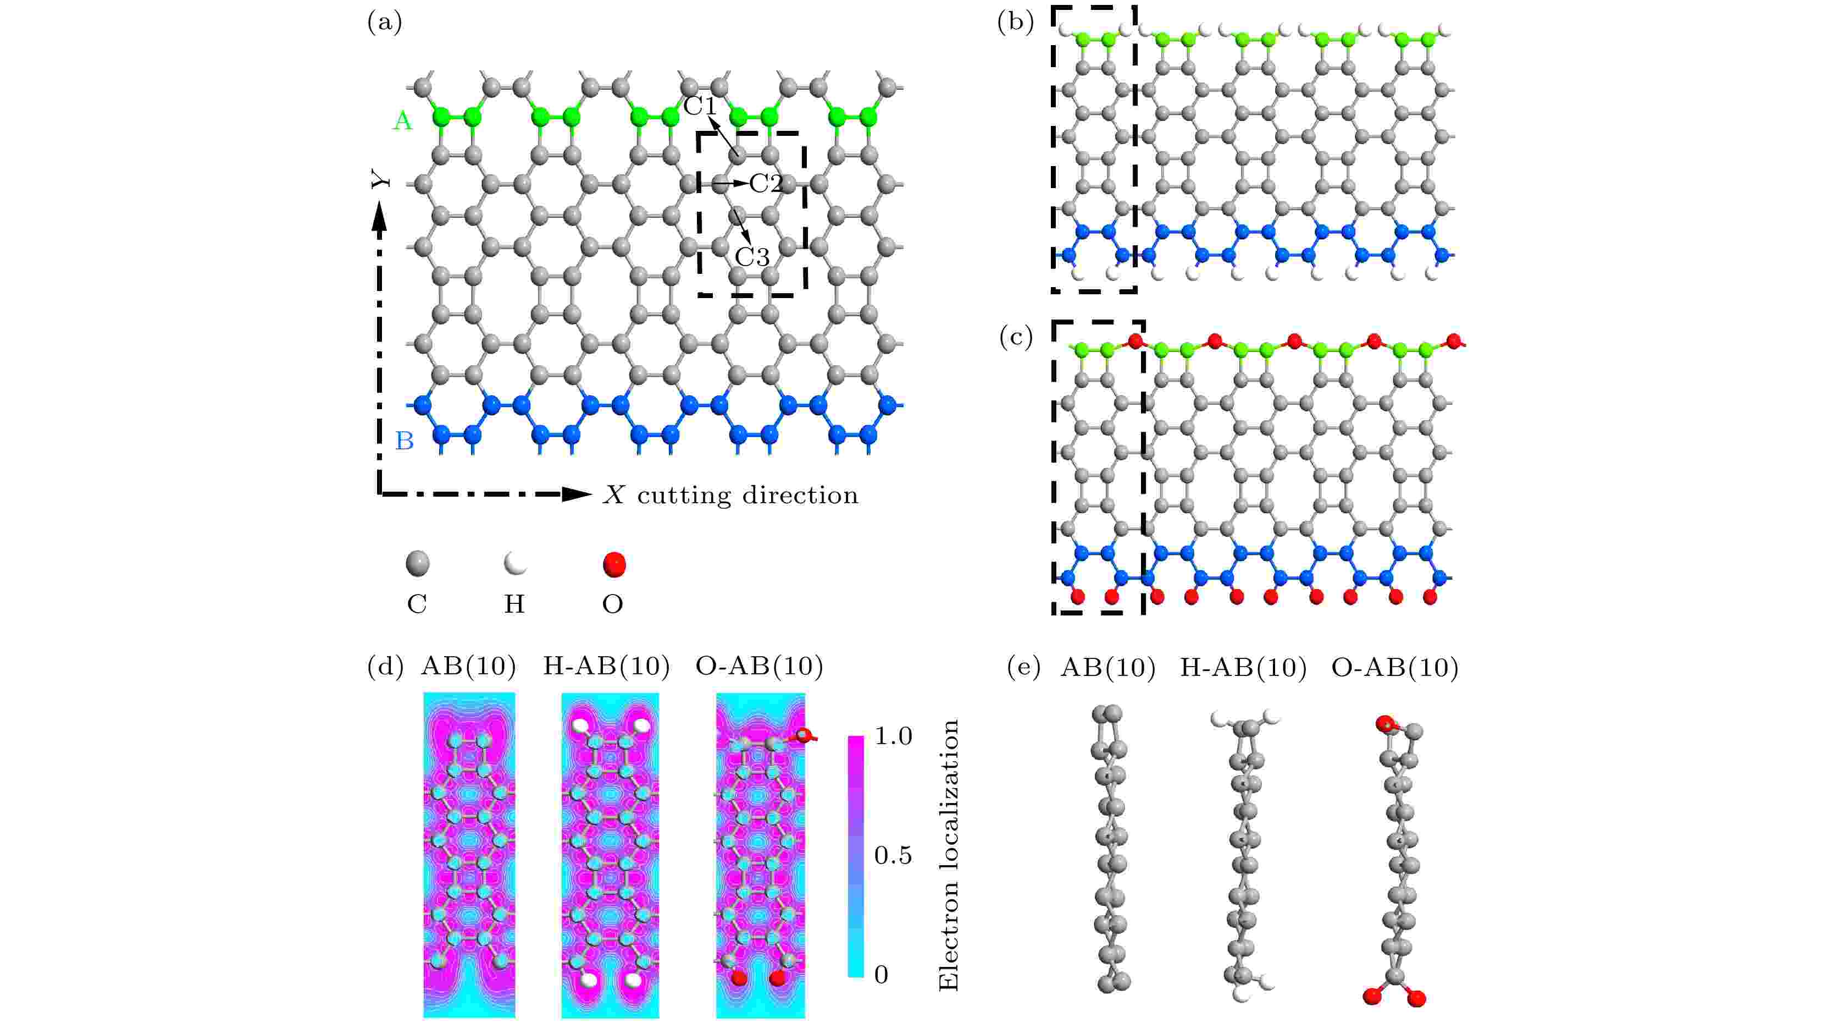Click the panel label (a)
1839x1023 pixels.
(x=384, y=24)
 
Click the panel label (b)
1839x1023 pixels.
(x=1015, y=24)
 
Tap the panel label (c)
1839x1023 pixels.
(x=1015, y=338)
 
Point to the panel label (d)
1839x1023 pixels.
(x=384, y=667)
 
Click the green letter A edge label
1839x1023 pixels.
(x=403, y=122)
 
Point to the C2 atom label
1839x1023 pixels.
(x=766, y=184)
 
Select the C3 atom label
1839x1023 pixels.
(x=752, y=256)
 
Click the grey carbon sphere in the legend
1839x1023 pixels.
(x=418, y=564)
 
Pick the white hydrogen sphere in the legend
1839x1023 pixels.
(x=514, y=564)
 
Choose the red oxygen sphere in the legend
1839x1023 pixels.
(x=613, y=564)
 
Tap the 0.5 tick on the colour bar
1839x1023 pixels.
(x=893, y=855)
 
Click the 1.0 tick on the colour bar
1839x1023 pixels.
(x=893, y=736)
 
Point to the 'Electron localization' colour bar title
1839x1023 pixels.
(x=948, y=855)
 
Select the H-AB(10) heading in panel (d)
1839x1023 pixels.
(x=606, y=667)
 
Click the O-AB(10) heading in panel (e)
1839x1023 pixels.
(x=1394, y=668)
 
